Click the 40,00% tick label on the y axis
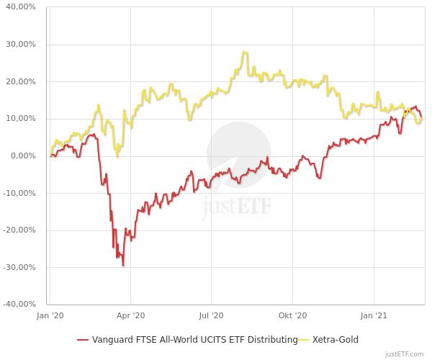[22, 7]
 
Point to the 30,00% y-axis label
[22, 45]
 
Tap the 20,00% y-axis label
[22, 81]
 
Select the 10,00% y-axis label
[22, 119]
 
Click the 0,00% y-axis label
[24, 156]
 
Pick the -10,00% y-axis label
[20, 193]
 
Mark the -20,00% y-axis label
[20, 230]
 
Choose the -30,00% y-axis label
[20, 267]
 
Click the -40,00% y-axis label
[20, 305]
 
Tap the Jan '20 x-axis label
[50, 315]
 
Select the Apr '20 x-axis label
[130, 315]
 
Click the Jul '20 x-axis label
[211, 315]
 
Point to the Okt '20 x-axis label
[292, 315]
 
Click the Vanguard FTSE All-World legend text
[194, 340]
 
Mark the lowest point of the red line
[123, 266]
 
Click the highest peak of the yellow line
[245, 52]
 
